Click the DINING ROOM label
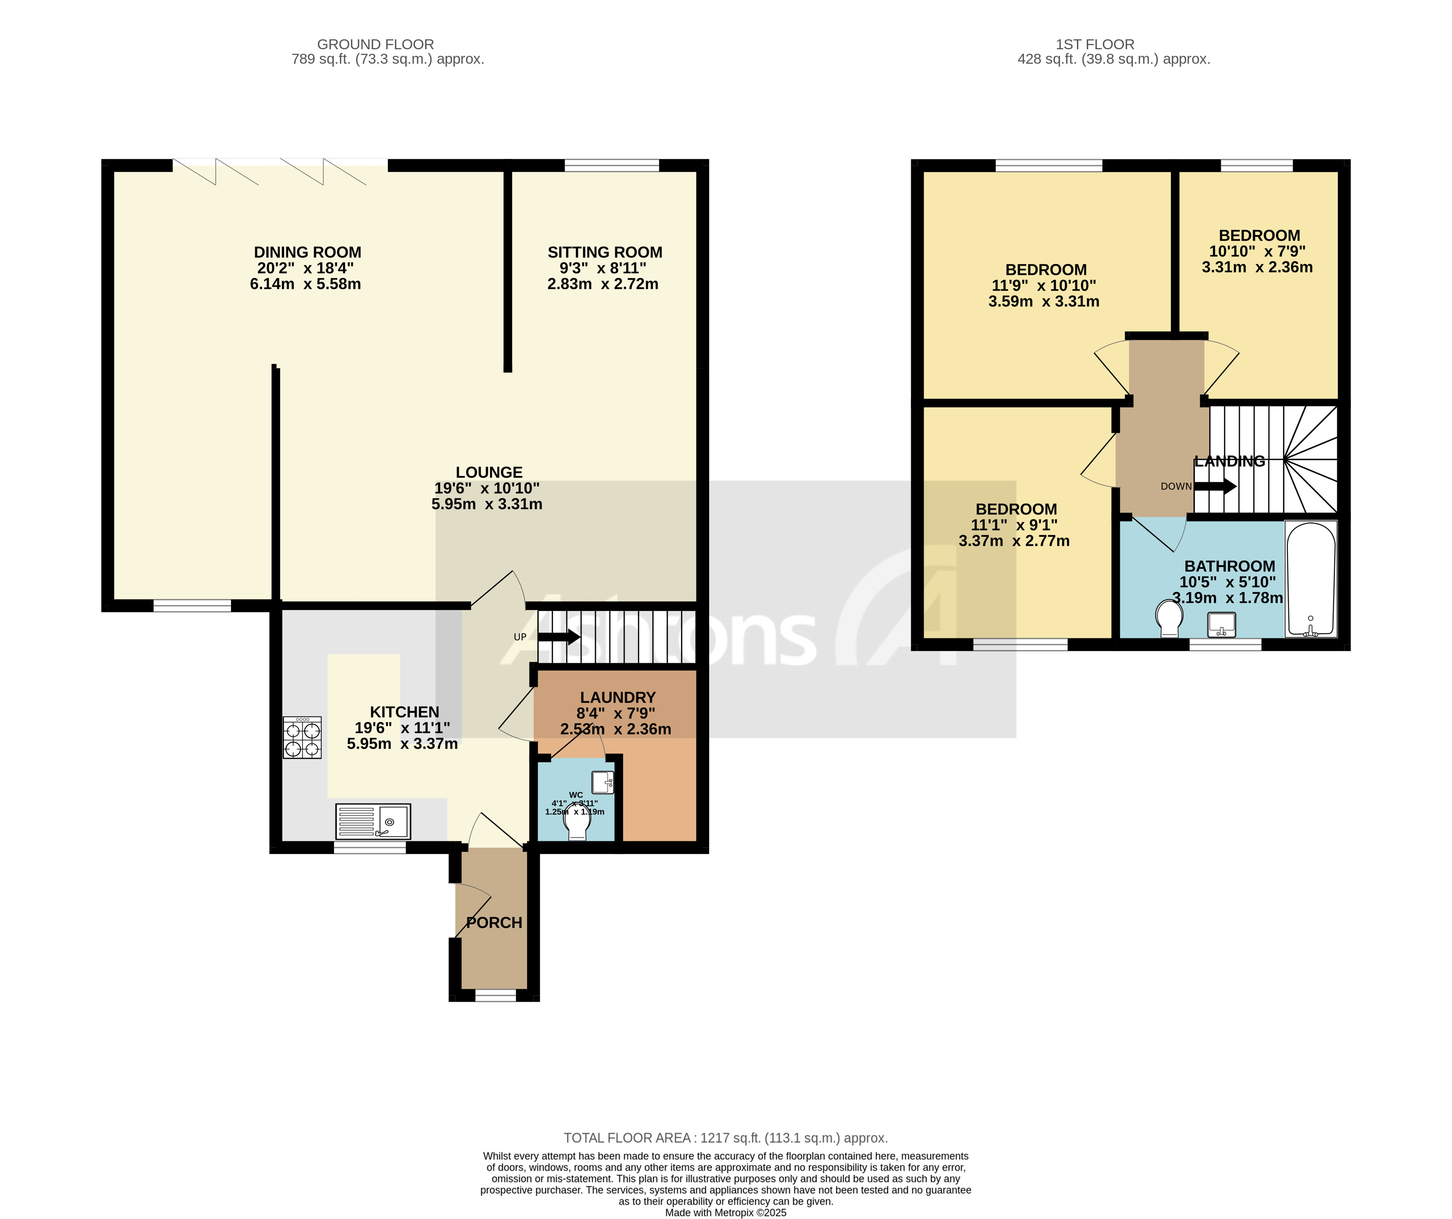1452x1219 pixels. click(307, 252)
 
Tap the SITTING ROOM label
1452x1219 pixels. click(604, 252)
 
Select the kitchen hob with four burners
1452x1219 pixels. click(302, 738)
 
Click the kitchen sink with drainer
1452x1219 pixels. click(373, 821)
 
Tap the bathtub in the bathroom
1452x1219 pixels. click(1310, 579)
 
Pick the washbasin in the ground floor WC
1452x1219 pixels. click(602, 782)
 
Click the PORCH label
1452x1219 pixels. click(494, 922)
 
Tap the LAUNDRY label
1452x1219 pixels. click(617, 697)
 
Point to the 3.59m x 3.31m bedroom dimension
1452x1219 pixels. click(1043, 301)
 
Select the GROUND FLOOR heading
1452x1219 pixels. click(376, 44)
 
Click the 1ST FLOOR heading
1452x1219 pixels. click(1095, 44)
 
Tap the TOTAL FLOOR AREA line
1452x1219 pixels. click(725, 1137)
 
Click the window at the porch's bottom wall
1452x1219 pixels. click(495, 995)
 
